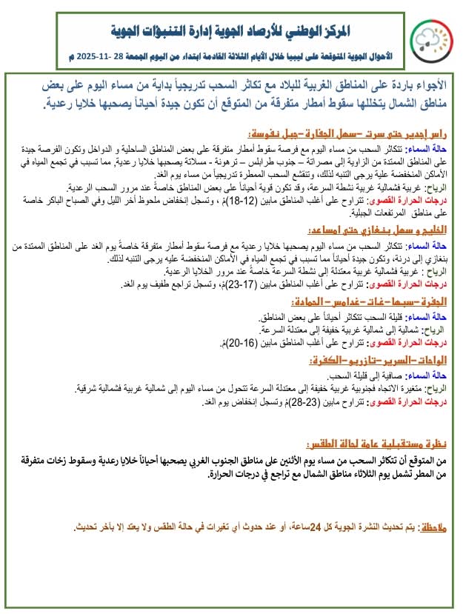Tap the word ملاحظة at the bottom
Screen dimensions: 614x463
(429, 527)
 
